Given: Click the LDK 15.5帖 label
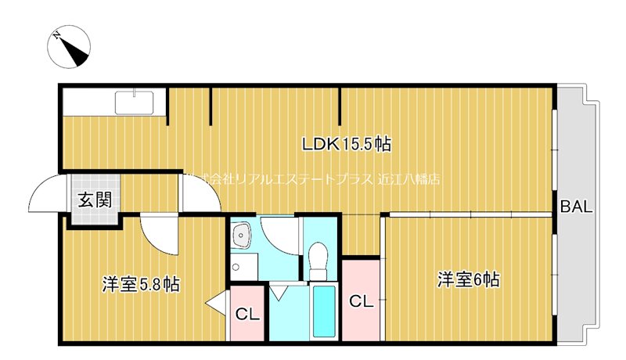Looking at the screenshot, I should point(347,144).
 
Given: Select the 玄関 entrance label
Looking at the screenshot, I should point(94,200).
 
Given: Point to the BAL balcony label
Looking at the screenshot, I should point(577,207).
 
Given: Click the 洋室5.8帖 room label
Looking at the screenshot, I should point(140,284).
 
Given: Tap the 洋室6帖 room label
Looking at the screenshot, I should point(468,279).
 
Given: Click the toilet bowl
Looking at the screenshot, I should point(318,257).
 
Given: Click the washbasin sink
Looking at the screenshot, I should point(242,234).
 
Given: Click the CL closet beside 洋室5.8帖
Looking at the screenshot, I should point(247,315).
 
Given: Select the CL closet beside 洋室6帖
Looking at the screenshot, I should point(360,301).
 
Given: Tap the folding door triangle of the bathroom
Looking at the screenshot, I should point(279,292).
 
